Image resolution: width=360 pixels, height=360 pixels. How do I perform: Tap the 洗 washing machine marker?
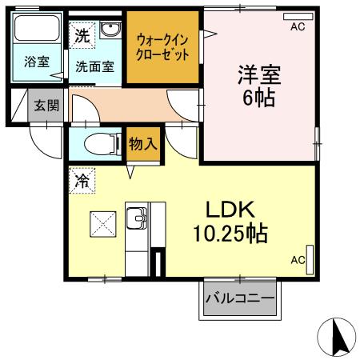coord(82,34)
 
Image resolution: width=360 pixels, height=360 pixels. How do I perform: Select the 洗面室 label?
coord(95,68)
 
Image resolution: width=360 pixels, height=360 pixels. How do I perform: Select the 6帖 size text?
coord(258,99)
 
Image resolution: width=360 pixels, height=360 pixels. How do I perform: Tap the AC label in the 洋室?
coord(298,26)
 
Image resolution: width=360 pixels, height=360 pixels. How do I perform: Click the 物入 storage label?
coord(142,145)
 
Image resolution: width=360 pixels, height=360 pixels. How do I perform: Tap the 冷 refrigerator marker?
coord(82,181)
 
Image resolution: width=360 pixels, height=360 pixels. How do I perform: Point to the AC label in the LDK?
coord(297,260)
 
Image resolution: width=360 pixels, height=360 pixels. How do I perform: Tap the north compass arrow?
coord(337,336)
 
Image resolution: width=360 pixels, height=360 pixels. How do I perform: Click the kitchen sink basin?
coord(138,218)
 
